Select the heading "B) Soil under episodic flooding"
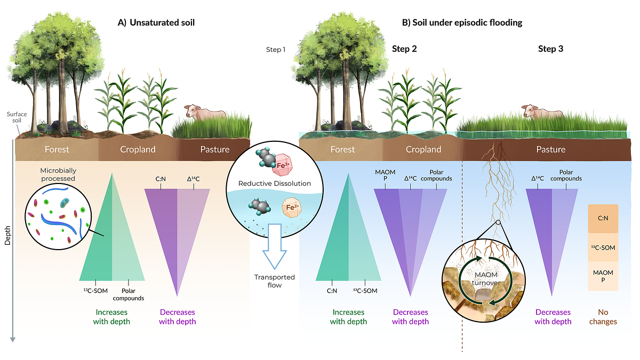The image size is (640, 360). pyautogui.click(x=461, y=23)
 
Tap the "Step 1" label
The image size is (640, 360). pyautogui.click(x=276, y=50)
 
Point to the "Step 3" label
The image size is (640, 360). pyautogui.click(x=550, y=49)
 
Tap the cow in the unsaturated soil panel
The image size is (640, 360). pyautogui.click(x=205, y=113)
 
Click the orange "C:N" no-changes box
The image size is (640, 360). pyautogui.click(x=603, y=218)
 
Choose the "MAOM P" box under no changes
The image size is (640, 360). pyautogui.click(x=603, y=276)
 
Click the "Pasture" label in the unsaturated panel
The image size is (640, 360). pyautogui.click(x=214, y=149)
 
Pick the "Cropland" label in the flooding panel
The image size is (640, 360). pyautogui.click(x=423, y=149)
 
